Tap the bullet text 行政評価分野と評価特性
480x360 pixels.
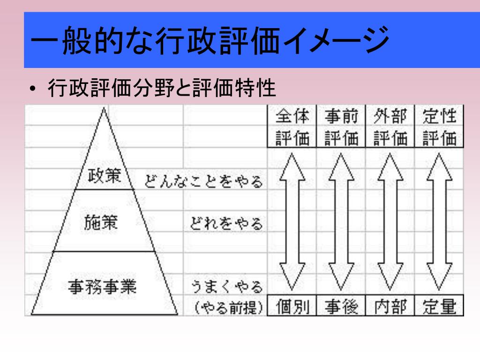(162, 88)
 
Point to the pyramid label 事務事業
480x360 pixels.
(102, 285)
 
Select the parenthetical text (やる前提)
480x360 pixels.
(228, 307)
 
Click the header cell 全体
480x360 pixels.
(292, 116)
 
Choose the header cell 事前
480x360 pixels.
(341, 116)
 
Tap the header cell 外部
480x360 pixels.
(390, 116)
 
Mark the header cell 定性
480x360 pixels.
(439, 116)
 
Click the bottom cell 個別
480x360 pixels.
(292, 307)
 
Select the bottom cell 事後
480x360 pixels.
(341, 307)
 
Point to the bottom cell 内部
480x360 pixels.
(390, 307)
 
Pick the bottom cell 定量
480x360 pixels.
(439, 307)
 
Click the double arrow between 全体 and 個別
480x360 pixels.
(292, 221)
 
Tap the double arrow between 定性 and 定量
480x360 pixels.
(439, 221)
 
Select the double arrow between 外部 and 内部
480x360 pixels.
(390, 221)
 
